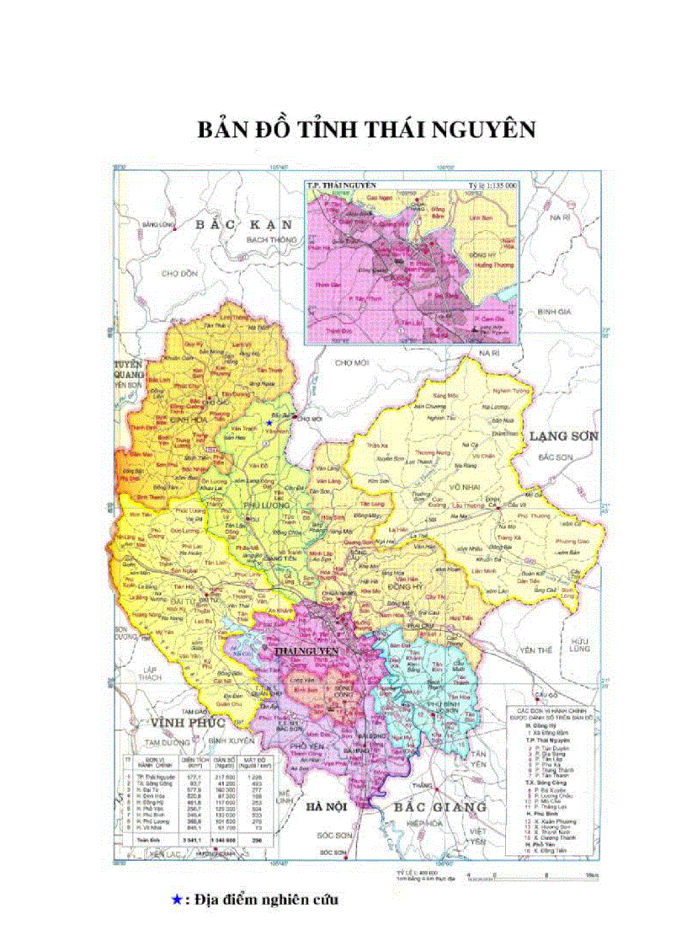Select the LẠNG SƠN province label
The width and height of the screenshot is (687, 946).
[x=562, y=436]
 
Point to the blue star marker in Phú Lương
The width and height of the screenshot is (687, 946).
[x=269, y=422]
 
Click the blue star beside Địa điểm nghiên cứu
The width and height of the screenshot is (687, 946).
[x=176, y=900]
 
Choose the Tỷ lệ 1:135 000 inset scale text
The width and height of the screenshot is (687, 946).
[x=492, y=184]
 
